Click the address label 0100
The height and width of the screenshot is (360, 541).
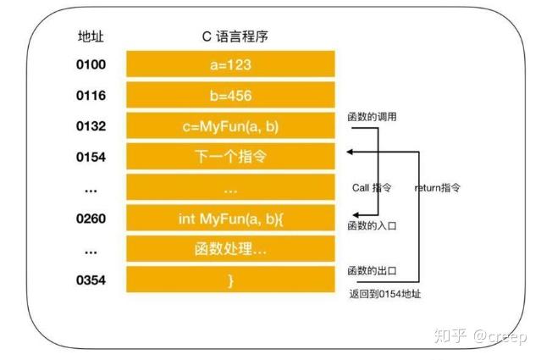click(x=91, y=64)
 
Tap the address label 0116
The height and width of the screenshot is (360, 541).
click(x=91, y=96)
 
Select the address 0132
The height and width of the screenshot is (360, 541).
click(x=91, y=126)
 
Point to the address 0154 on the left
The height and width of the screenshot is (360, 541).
click(x=91, y=157)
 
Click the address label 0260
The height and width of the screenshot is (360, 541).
click(x=91, y=219)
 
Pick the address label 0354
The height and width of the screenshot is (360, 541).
click(x=91, y=280)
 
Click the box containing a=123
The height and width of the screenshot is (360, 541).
click(x=230, y=64)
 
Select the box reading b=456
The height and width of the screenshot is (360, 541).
click(x=230, y=95)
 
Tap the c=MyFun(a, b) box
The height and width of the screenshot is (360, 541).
click(x=230, y=125)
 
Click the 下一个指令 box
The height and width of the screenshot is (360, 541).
click(x=230, y=157)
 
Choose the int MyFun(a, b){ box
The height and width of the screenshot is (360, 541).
click(x=230, y=218)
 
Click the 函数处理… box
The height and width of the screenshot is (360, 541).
click(x=230, y=248)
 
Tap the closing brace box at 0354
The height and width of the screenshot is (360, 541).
click(x=230, y=280)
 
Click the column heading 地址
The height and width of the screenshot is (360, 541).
click(x=91, y=36)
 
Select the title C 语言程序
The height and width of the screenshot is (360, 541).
click(x=235, y=36)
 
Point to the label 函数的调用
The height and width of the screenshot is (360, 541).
click(x=372, y=117)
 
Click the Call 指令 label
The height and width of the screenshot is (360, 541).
click(x=372, y=187)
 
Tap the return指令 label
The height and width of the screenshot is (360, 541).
click(x=438, y=187)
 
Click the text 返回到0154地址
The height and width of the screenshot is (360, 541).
click(x=385, y=294)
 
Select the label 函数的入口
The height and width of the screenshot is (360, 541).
click(x=372, y=225)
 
